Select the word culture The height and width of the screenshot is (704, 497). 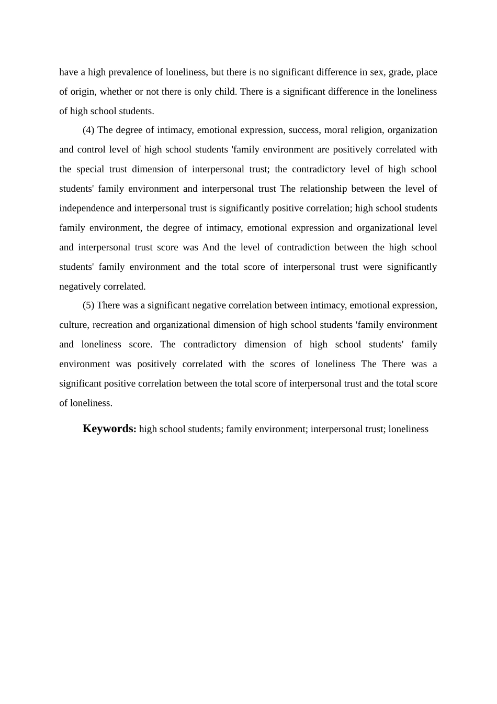pyautogui.click(x=73, y=325)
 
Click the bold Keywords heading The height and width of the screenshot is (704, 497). pyautogui.click(x=109, y=428)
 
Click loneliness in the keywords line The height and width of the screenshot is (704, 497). pyautogui.click(x=408, y=430)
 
